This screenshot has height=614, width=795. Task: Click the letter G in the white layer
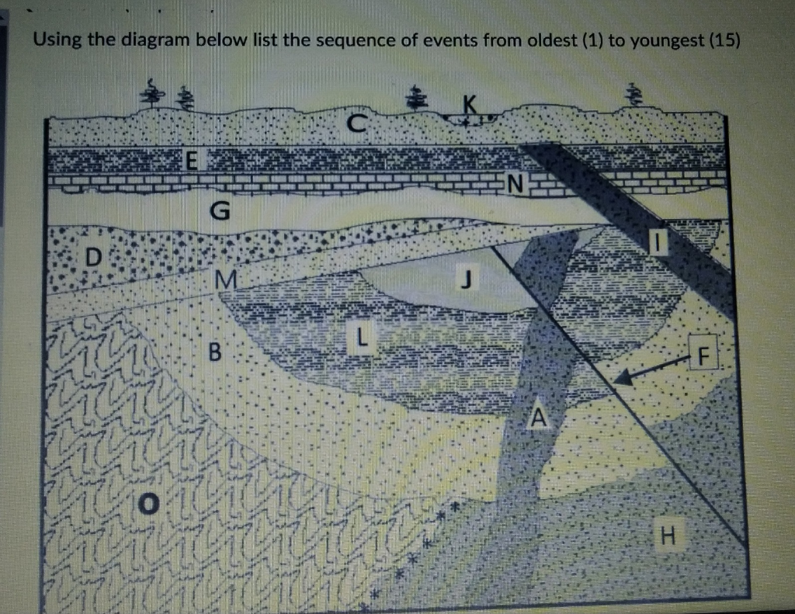tap(220, 210)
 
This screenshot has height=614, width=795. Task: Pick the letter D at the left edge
tap(92, 257)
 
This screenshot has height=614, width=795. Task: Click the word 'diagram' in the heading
tap(154, 40)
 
